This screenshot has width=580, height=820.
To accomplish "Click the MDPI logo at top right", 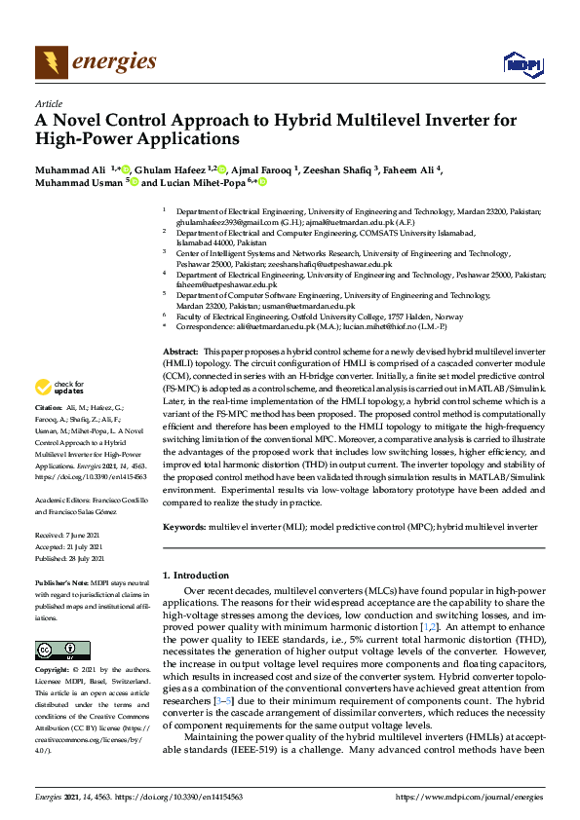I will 522,64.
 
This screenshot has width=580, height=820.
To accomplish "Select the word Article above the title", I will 48,103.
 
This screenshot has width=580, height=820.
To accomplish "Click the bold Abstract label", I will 180,350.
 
